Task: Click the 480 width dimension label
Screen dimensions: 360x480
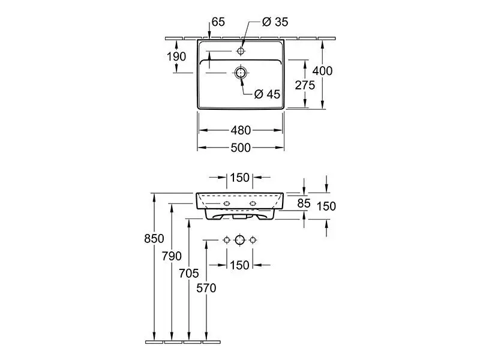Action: [x=240, y=130]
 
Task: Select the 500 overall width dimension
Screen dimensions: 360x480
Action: [x=240, y=147]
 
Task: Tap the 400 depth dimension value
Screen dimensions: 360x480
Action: [x=323, y=71]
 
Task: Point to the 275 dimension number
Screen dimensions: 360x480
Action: [x=305, y=85]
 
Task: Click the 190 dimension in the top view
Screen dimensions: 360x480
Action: [x=176, y=56]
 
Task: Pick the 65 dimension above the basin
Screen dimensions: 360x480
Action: [x=218, y=22]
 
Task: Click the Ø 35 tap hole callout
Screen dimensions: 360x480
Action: [x=275, y=22]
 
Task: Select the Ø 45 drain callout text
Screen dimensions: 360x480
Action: [x=268, y=94]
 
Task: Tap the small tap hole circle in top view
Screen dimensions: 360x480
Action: [x=241, y=51]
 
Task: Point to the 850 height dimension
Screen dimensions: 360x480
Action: [x=154, y=239]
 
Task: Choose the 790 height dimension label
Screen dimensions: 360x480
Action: [x=172, y=256]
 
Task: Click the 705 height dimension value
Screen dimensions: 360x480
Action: [x=189, y=274]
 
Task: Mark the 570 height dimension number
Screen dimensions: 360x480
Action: [x=206, y=288]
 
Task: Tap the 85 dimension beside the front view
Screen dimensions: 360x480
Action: [x=304, y=203]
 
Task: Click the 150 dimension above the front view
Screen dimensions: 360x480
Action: [x=239, y=178]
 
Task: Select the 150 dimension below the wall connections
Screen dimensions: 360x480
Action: [x=239, y=265]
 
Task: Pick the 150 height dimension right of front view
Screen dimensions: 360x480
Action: [x=326, y=206]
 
